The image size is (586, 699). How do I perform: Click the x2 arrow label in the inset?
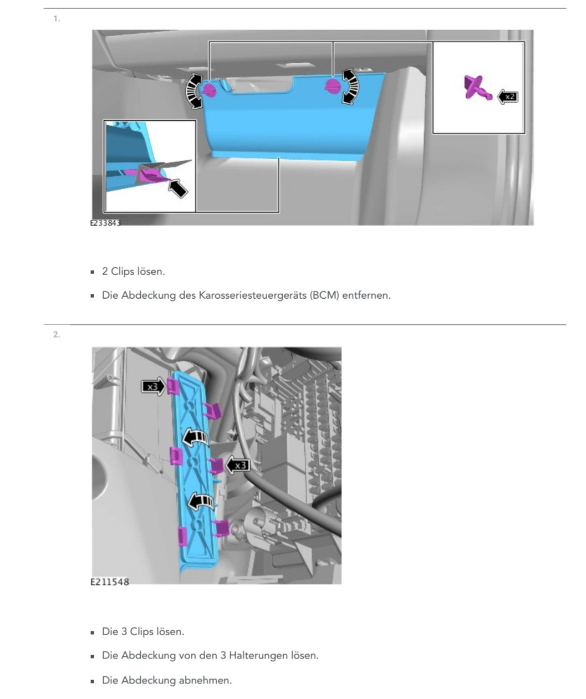508,97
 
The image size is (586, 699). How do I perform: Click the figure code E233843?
105,223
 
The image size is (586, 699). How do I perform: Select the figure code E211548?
110,582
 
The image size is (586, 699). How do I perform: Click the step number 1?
57,19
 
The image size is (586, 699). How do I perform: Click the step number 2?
57,334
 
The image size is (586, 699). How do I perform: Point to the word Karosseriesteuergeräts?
253,295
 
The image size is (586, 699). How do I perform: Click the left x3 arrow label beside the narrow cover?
153,387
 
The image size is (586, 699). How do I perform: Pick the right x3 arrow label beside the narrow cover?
238,465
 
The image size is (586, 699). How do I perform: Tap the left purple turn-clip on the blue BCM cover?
210,90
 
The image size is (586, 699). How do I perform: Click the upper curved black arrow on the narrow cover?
196,438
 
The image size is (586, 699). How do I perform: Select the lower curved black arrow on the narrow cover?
201,502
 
